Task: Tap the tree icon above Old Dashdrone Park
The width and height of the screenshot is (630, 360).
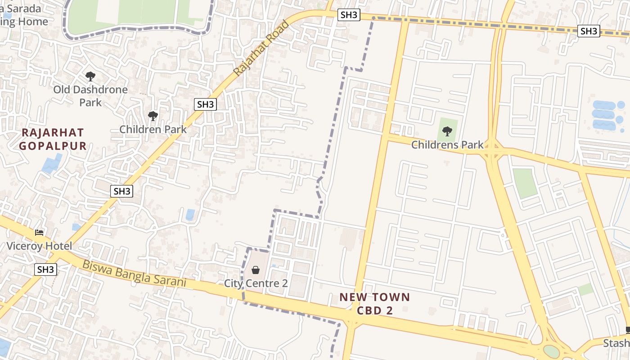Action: [90, 76]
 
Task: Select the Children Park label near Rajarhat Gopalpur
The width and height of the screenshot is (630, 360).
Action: [153, 130]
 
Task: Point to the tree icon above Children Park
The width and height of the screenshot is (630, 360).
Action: [153, 116]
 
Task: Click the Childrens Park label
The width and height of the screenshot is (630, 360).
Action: [447, 145]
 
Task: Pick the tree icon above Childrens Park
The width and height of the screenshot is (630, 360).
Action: [447, 131]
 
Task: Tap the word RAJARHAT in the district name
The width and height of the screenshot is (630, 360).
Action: [53, 133]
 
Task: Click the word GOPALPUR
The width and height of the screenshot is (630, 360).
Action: [53, 146]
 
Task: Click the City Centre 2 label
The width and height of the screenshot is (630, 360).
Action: [256, 283]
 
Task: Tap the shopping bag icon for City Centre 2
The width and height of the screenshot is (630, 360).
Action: [256, 270]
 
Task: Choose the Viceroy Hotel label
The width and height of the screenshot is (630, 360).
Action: [39, 246]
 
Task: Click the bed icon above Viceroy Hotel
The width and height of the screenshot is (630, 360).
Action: [39, 233]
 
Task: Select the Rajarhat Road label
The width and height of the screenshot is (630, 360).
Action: [261, 48]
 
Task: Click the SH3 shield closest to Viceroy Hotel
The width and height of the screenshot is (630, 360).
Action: [46, 270]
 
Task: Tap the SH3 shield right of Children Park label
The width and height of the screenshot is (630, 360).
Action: [206, 105]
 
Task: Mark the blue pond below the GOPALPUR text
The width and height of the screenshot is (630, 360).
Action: [52, 164]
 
